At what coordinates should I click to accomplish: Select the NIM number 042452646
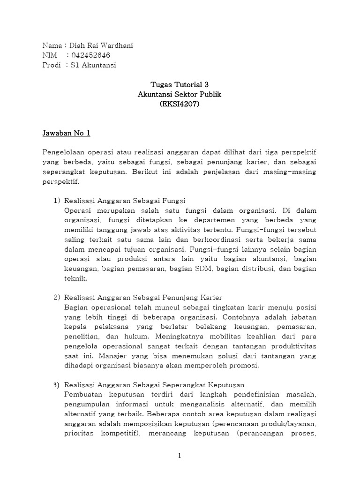click(x=92, y=55)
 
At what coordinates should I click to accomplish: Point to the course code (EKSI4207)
click(x=180, y=104)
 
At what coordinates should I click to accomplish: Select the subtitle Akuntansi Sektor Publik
click(x=180, y=94)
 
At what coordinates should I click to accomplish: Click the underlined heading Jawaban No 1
click(x=66, y=134)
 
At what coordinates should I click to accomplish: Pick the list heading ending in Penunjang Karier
click(x=142, y=297)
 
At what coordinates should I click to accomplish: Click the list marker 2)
click(x=57, y=297)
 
